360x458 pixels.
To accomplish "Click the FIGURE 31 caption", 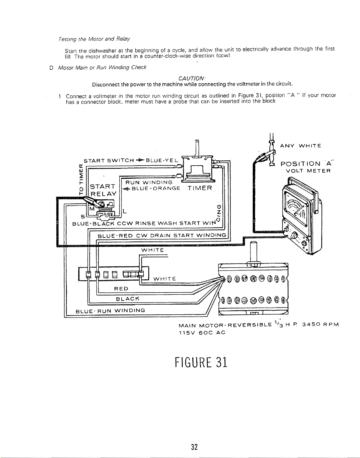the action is tap(201, 362).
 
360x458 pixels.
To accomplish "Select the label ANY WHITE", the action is tap(300, 146).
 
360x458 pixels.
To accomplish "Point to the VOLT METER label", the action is tap(308, 171).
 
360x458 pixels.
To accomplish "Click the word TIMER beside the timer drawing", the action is tap(200, 188).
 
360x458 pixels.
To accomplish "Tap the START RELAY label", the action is tap(103, 190).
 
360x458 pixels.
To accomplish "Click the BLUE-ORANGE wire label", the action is tap(156, 188).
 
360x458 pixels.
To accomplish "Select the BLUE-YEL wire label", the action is tap(162, 160).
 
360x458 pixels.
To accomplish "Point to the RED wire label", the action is tap(121, 289).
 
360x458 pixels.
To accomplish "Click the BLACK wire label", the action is tap(128, 299).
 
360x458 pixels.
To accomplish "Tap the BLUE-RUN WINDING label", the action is tap(110, 311).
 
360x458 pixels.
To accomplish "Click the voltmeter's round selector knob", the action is tap(294, 235).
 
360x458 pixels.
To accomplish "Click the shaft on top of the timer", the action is tap(197, 148).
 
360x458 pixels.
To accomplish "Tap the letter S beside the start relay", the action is tap(83, 216).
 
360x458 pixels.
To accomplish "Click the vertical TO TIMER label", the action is tap(81, 179).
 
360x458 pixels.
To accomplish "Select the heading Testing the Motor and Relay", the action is tap(94, 39).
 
